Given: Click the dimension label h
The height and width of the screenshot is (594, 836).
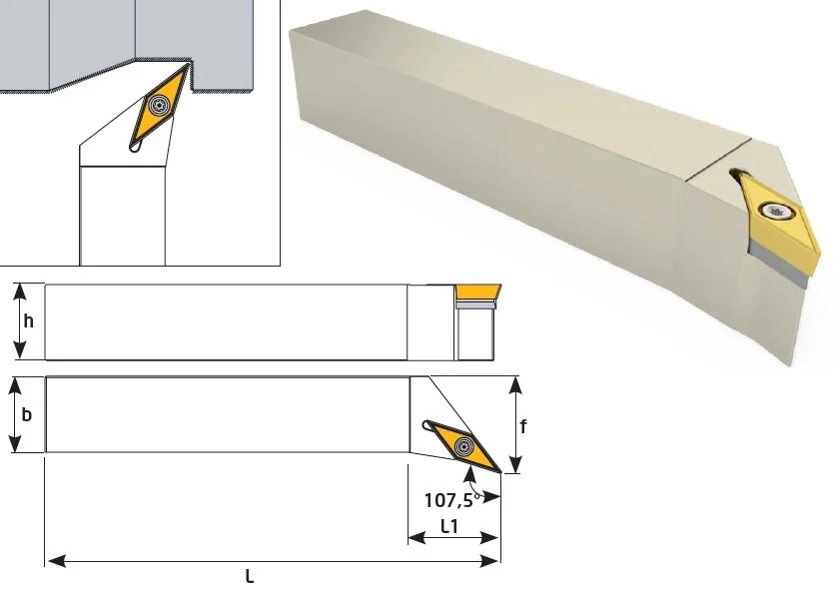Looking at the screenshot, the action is [28, 320].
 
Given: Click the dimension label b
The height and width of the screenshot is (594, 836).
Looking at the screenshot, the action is [27, 414].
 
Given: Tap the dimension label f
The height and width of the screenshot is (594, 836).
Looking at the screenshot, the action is [523, 426].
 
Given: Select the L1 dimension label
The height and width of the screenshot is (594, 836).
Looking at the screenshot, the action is [449, 526].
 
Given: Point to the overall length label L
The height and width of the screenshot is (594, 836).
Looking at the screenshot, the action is [249, 576].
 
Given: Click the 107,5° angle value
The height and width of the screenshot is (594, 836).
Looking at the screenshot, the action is [452, 500].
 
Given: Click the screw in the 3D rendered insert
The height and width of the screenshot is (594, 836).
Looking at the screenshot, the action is [775, 212].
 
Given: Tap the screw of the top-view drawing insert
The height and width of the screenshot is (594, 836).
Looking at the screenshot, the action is [463, 445].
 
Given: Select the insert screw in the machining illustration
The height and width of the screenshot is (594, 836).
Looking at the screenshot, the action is [158, 105].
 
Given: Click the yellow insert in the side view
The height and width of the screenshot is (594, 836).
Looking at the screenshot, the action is [477, 293].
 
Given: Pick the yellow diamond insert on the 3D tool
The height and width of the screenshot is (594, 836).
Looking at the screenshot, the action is [777, 221].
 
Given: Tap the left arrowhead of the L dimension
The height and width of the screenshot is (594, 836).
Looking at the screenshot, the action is [57, 561].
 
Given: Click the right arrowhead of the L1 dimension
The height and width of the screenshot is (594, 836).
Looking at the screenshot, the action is [489, 538].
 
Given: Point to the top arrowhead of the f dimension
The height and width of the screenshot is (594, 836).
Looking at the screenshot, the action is [515, 384].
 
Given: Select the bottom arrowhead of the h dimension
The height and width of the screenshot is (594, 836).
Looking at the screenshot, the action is [20, 349].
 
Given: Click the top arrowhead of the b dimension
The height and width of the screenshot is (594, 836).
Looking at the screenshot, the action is [15, 386].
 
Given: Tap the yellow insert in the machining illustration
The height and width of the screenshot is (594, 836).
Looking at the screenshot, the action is [160, 106].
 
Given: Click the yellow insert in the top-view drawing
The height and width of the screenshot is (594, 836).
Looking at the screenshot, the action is [462, 445].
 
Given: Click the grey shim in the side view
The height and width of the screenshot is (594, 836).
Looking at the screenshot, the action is [476, 304].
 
